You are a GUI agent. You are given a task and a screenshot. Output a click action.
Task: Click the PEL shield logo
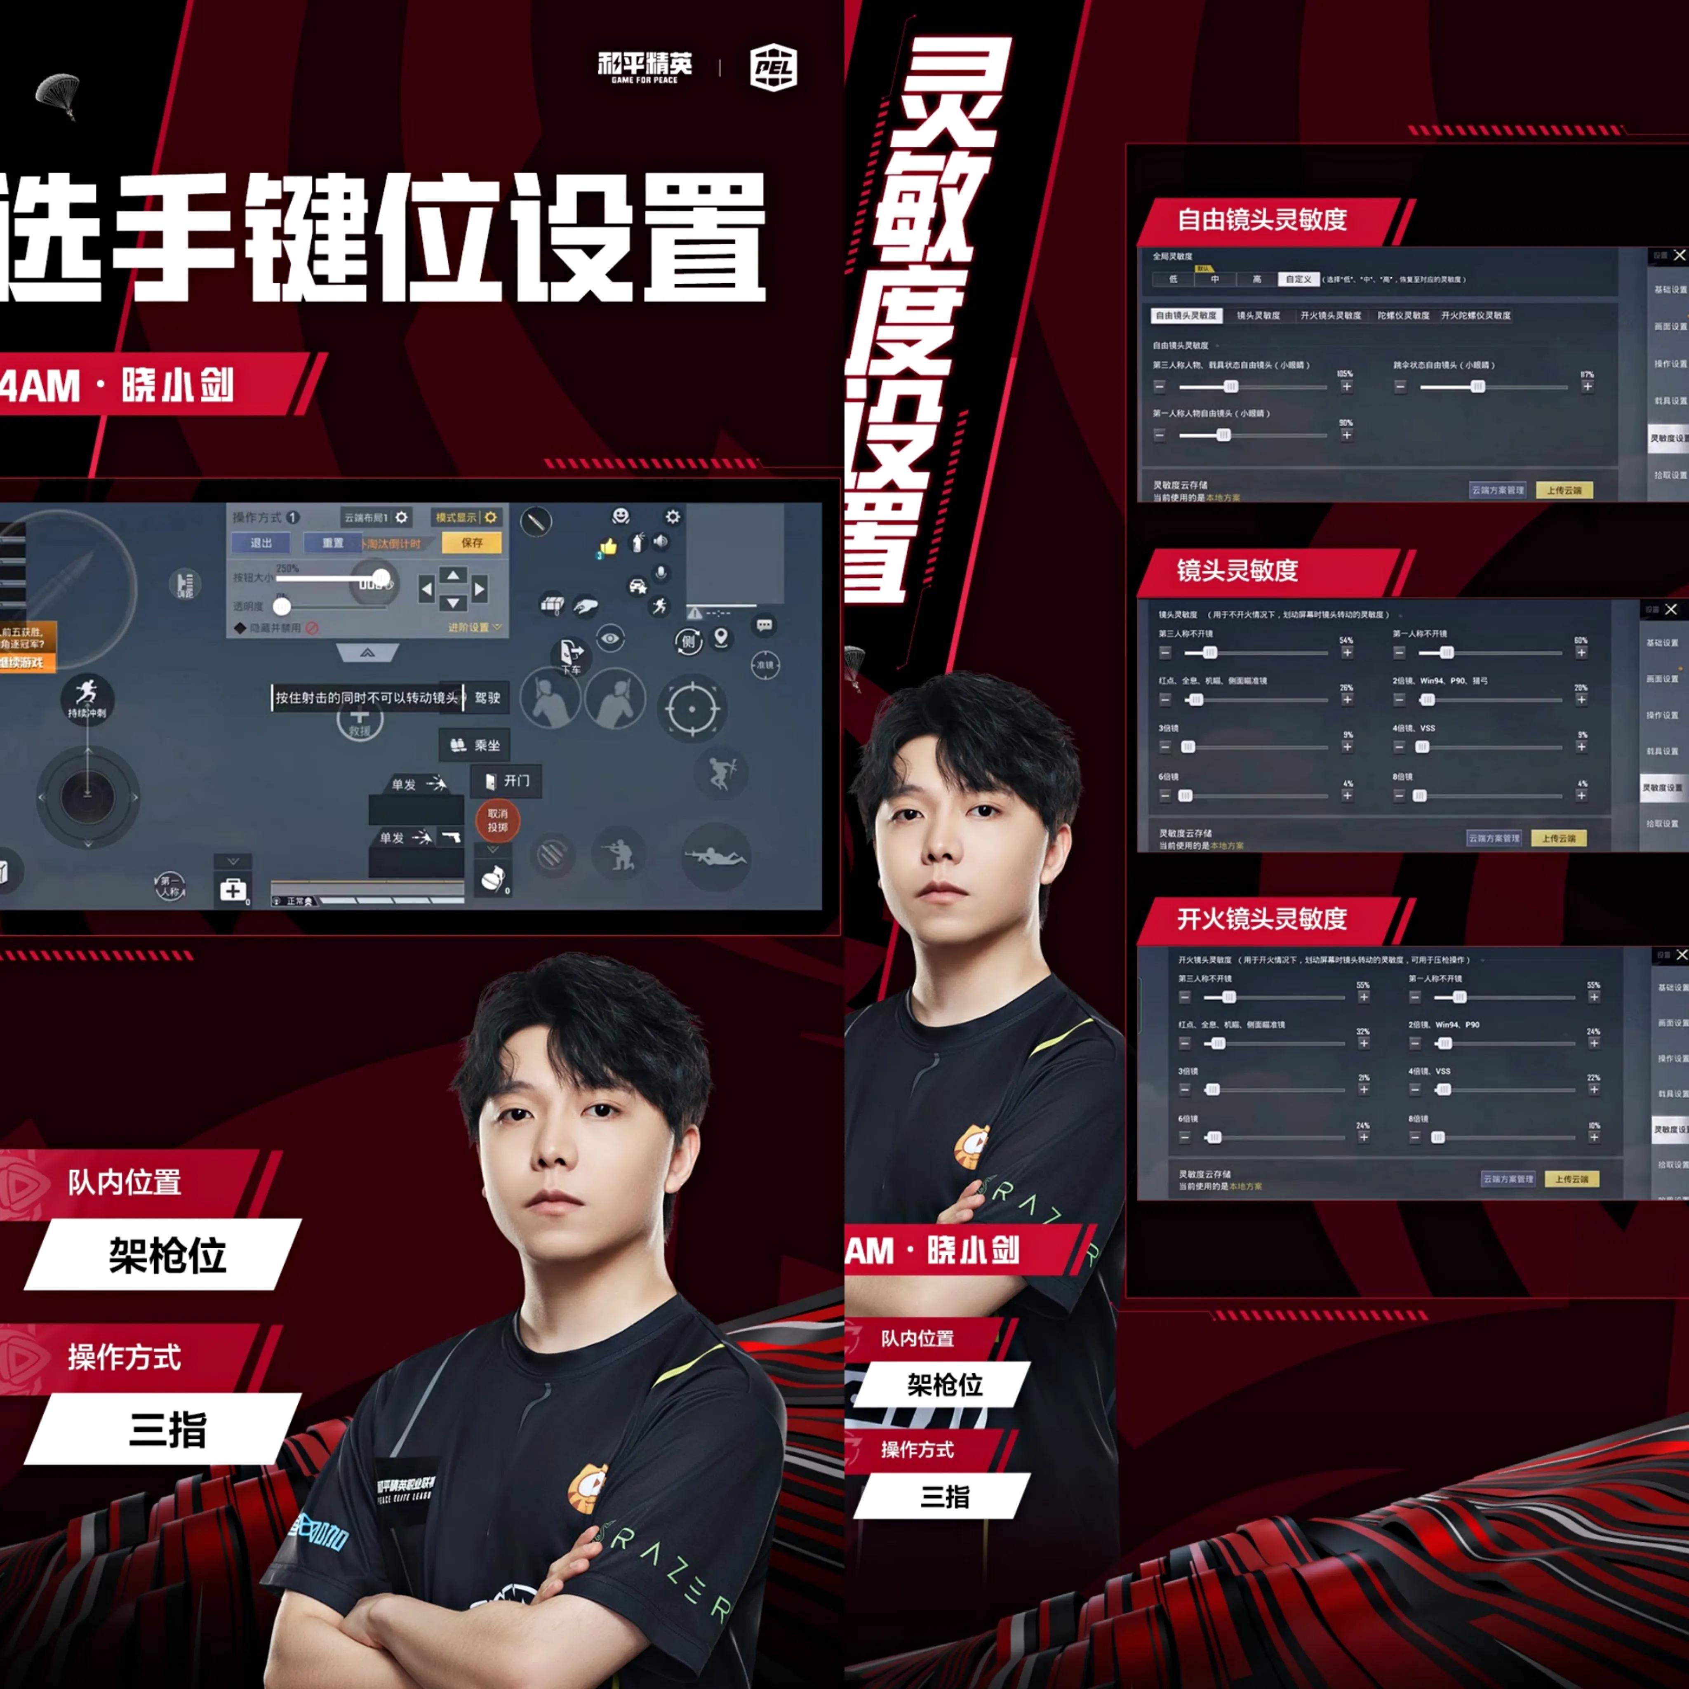point(773,67)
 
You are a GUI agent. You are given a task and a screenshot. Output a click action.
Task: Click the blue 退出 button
point(261,543)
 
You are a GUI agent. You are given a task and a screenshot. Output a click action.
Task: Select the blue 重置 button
point(332,543)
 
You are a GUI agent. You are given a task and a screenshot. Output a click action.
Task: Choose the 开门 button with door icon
point(507,781)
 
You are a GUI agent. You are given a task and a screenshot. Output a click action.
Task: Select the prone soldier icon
point(715,857)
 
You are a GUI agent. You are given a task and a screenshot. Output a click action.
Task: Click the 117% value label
point(1587,374)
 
